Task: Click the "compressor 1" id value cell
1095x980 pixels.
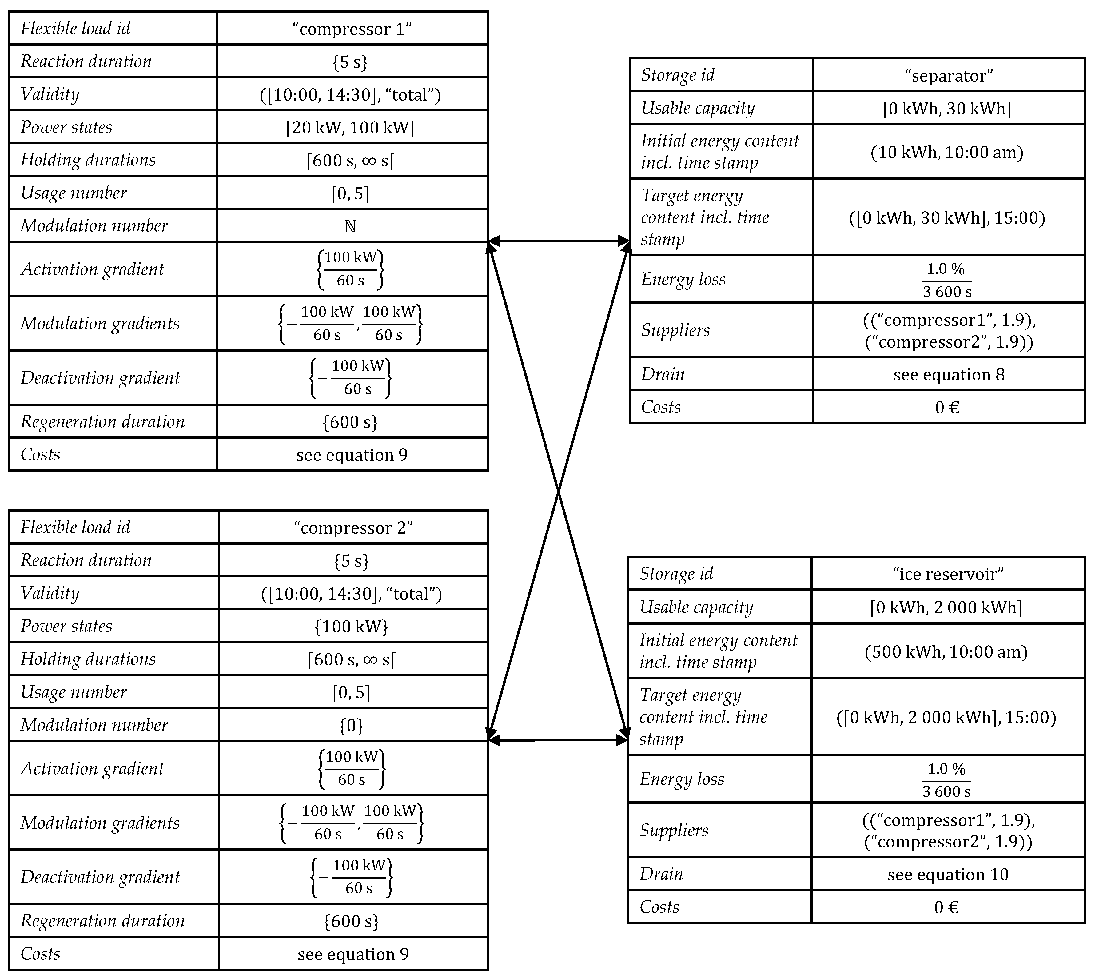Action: pyautogui.click(x=352, y=29)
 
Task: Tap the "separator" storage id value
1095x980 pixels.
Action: pyautogui.click(x=949, y=75)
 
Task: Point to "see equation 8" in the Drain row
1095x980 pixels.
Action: pyautogui.click(x=949, y=375)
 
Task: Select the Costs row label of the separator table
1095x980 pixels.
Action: pyautogui.click(x=661, y=407)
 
